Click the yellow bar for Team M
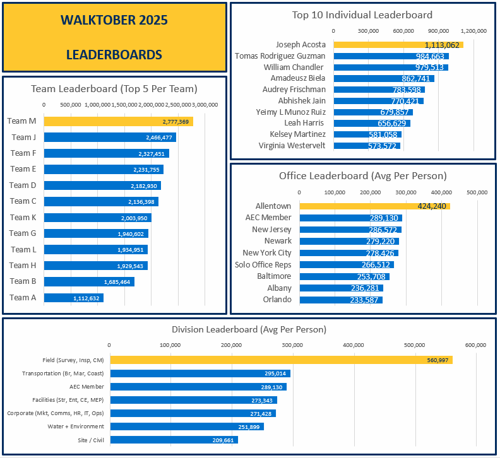point(119,121)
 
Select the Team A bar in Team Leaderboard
point(73,298)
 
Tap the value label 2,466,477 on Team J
point(155,138)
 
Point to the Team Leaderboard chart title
point(114,89)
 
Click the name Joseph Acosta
point(301,45)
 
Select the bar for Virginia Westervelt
point(367,146)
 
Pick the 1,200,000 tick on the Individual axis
point(473,30)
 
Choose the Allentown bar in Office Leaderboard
point(374,206)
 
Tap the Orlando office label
point(277,300)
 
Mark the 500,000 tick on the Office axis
point(477,192)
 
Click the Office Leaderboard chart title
point(363,176)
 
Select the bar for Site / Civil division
point(174,440)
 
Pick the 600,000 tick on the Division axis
point(475,345)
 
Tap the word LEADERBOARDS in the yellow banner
point(114,55)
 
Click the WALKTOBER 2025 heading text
point(114,20)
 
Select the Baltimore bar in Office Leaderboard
point(344,276)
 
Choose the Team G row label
point(23,233)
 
